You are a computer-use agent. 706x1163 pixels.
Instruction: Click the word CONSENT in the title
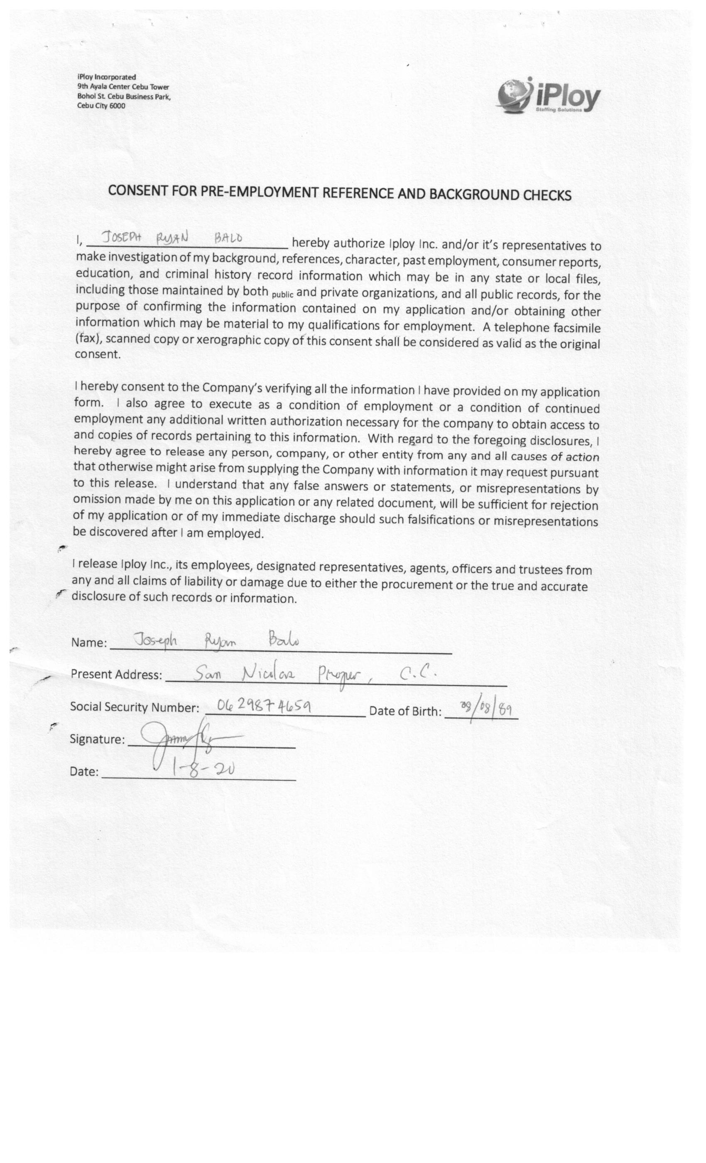point(137,190)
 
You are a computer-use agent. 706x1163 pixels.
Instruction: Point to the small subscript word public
point(283,294)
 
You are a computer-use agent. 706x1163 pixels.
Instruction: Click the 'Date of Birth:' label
point(405,711)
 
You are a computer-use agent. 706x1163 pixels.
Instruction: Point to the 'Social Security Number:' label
point(135,707)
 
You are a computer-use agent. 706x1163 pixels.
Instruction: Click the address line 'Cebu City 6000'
point(101,106)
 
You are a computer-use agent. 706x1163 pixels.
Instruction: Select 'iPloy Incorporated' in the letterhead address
point(107,77)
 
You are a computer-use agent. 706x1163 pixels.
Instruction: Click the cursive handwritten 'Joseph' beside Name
point(156,640)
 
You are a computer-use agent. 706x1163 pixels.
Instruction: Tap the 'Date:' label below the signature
point(84,772)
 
